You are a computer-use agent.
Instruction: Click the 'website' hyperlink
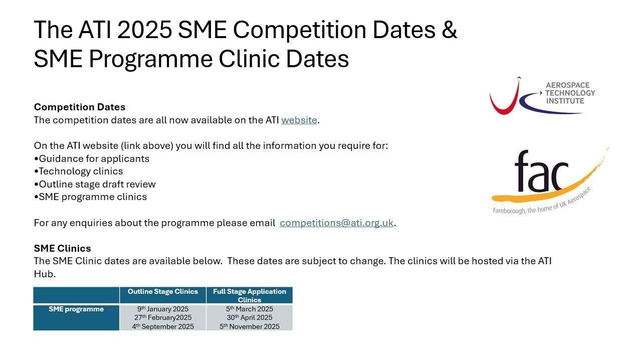tap(299, 120)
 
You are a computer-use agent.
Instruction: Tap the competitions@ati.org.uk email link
tap(336, 223)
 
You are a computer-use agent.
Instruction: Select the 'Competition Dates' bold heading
tap(80, 107)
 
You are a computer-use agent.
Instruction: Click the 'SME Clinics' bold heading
tap(62, 248)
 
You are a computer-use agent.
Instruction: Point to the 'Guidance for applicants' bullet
tap(91, 158)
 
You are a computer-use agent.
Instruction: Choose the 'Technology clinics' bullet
tap(78, 171)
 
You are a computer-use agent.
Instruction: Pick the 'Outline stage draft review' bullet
tap(95, 184)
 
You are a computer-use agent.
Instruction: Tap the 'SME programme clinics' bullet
tap(90, 197)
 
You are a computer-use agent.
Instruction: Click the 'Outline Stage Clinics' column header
tap(163, 291)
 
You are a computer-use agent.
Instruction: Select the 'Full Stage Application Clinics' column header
tap(250, 296)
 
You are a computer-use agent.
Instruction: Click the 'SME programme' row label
tap(76, 309)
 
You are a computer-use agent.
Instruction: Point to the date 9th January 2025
tap(163, 309)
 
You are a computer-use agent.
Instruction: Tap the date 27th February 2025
tap(163, 317)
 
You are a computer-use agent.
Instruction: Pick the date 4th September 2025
tap(163, 326)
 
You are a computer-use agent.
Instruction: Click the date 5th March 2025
tap(250, 309)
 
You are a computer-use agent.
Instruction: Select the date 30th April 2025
tap(250, 317)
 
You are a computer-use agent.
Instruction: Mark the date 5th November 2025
tap(250, 326)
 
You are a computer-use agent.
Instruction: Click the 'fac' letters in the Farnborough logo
tap(541, 171)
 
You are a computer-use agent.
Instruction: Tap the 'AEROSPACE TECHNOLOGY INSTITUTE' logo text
tap(570, 93)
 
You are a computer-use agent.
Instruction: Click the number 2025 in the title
tap(144, 30)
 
